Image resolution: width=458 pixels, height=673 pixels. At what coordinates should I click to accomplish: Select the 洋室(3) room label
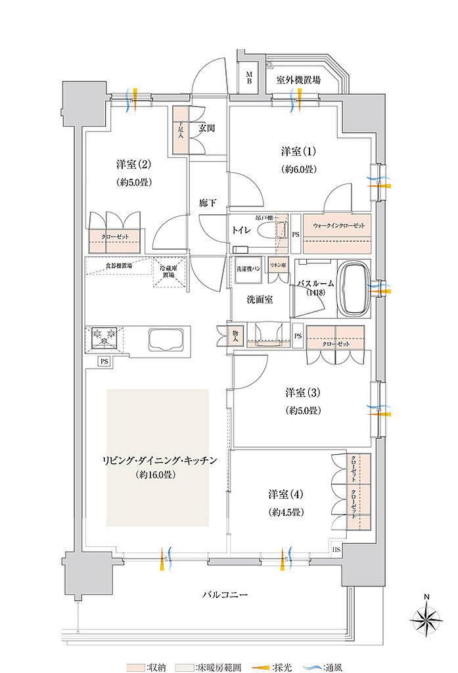pyautogui.click(x=303, y=393)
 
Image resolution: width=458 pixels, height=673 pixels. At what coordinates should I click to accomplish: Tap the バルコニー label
pyautogui.click(x=224, y=595)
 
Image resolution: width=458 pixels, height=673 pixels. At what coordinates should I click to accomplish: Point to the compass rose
pyautogui.click(x=426, y=617)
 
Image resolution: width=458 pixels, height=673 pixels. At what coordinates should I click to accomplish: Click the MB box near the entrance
pyautogui.click(x=249, y=78)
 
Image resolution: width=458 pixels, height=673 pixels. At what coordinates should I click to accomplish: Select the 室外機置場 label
pyautogui.click(x=298, y=80)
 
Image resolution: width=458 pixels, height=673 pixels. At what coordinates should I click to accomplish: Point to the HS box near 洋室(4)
pyautogui.click(x=336, y=549)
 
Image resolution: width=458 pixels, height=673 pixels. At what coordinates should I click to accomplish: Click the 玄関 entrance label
pyautogui.click(x=206, y=129)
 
